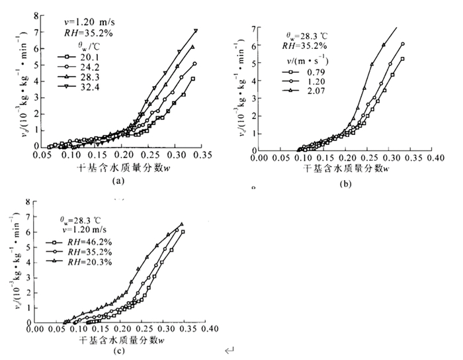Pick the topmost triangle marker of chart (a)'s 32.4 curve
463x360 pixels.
[196, 30]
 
